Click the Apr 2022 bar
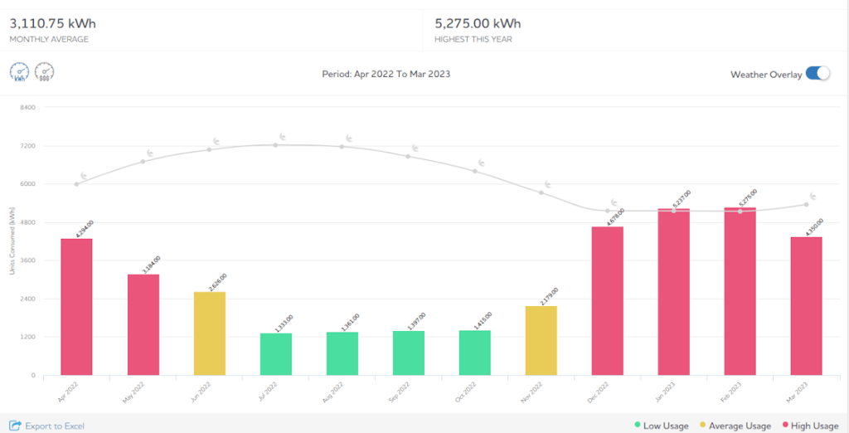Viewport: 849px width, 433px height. click(x=76, y=307)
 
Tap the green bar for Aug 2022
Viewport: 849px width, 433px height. click(x=342, y=353)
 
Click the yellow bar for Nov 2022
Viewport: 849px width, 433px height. click(x=541, y=340)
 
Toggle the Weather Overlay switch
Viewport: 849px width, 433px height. click(x=817, y=74)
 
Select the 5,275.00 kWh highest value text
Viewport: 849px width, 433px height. click(x=478, y=23)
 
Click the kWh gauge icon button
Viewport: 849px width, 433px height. click(x=20, y=73)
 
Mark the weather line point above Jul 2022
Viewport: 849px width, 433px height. click(x=275, y=144)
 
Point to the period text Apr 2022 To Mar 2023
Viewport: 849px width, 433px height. click(x=386, y=75)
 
